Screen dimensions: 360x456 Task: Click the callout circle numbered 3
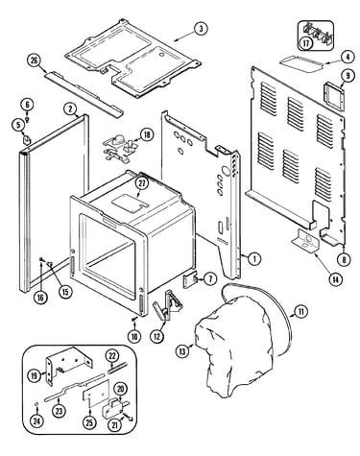point(201,29)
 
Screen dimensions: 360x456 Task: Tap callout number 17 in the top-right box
point(306,43)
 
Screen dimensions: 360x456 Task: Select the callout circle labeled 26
point(35,60)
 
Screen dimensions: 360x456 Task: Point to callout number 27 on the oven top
point(142,183)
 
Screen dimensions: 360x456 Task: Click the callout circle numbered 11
point(300,311)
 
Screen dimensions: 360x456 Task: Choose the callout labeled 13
point(182,351)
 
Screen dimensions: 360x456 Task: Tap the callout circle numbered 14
point(335,279)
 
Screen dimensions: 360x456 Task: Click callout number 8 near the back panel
point(344,259)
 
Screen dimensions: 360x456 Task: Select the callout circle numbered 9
point(348,76)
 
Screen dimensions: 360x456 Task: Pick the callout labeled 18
point(147,134)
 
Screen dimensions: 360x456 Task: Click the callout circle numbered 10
point(134,336)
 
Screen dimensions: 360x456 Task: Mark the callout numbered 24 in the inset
point(37,421)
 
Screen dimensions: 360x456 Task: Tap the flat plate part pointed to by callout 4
point(301,62)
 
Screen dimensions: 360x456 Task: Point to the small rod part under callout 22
point(117,367)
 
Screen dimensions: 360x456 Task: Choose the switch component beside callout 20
point(114,406)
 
